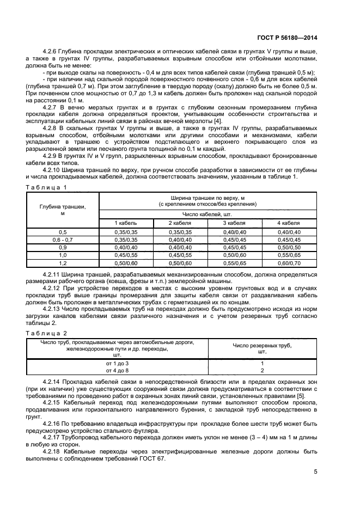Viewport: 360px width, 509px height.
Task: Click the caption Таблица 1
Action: coord(46,187)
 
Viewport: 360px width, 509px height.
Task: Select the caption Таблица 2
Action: coord(46,333)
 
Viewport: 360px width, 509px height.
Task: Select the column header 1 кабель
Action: coord(125,223)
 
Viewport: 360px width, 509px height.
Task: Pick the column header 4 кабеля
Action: coord(289,223)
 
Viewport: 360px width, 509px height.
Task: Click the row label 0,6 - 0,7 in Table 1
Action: coord(63,239)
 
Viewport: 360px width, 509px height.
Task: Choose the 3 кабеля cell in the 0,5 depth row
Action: coord(234,232)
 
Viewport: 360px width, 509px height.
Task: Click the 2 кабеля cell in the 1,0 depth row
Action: coord(180,254)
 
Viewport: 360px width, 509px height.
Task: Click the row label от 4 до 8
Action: coord(118,370)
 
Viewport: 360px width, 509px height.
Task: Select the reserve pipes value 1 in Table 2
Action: coord(262,363)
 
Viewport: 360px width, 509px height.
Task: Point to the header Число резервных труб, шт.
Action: coord(262,348)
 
